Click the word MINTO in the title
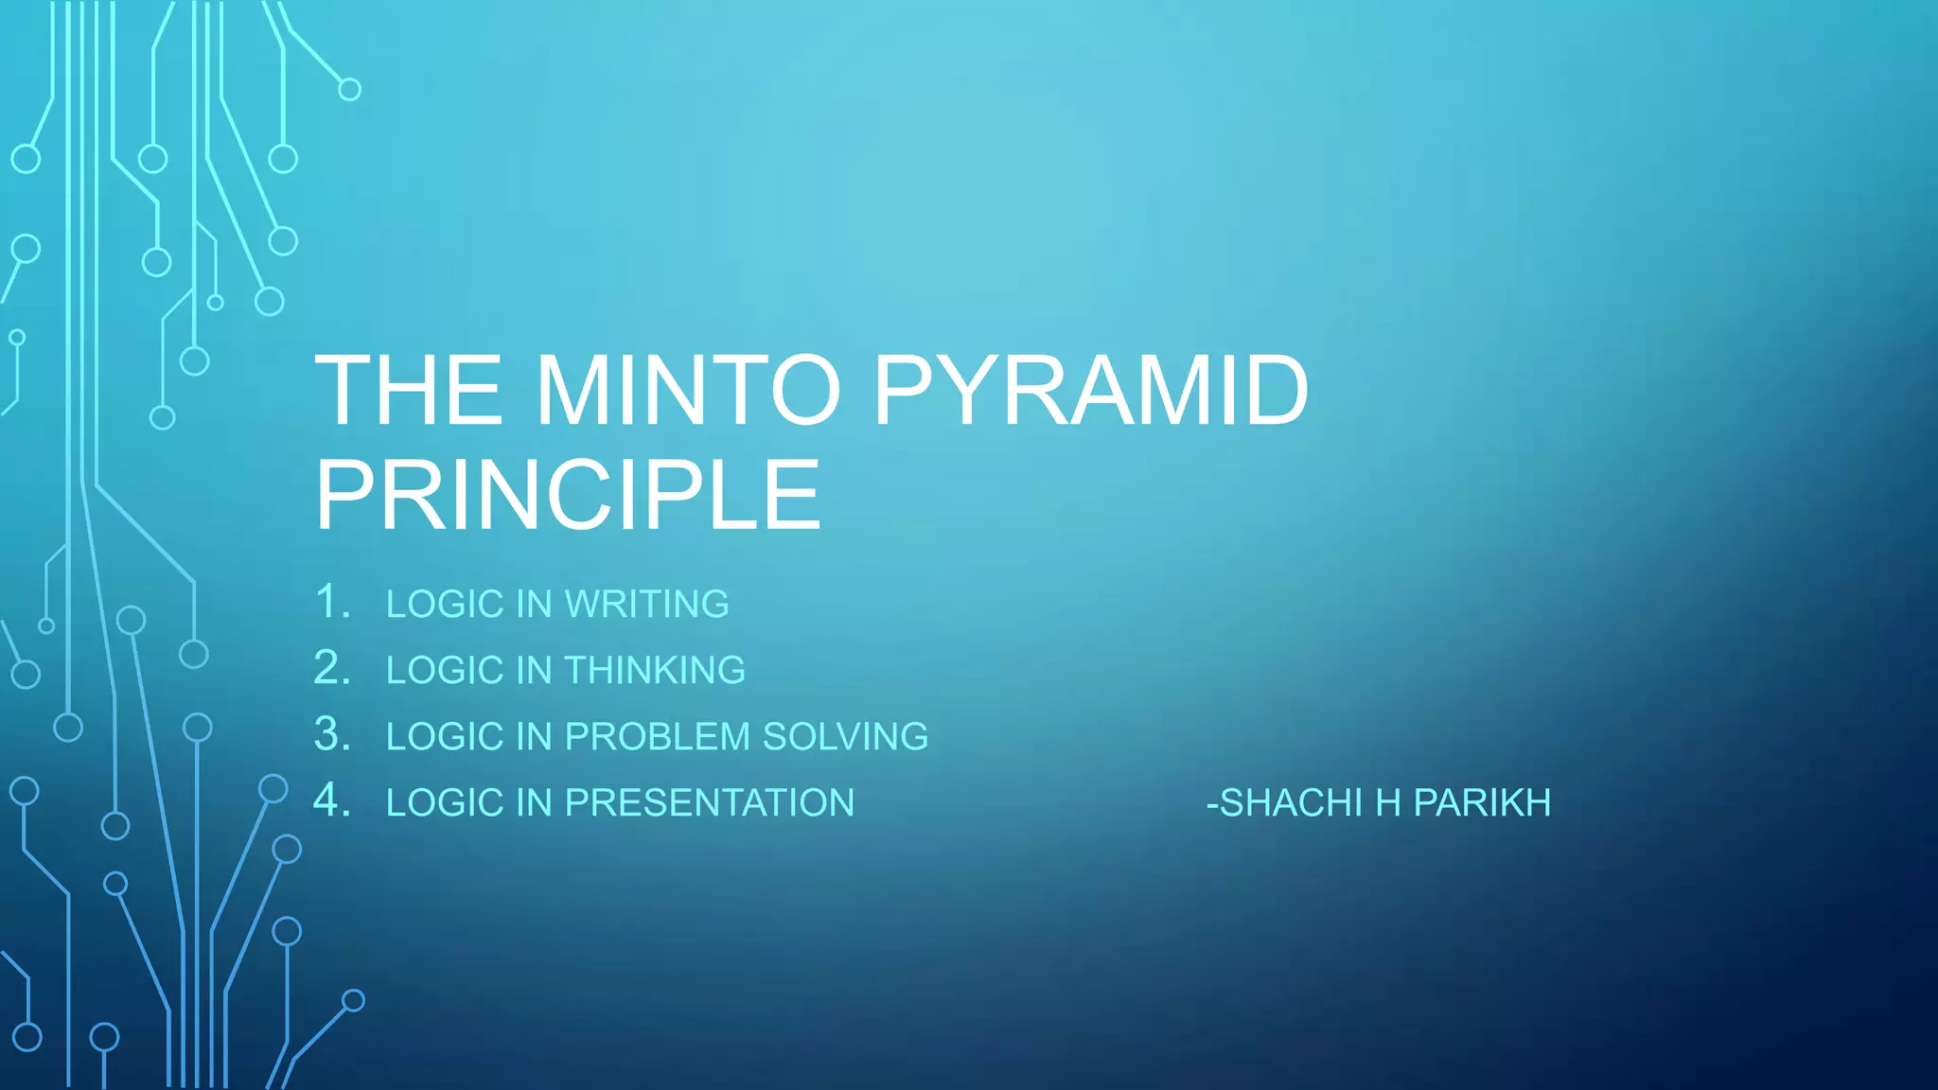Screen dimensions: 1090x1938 (x=688, y=391)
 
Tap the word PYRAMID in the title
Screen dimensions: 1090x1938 (x=1090, y=391)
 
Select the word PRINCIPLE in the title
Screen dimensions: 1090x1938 (x=568, y=495)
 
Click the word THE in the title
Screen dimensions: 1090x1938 (x=409, y=391)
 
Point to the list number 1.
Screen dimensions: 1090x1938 (x=330, y=603)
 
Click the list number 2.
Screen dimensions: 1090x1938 (x=332, y=669)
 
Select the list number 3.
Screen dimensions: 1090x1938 (x=332, y=735)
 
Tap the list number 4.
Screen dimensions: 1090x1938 (x=332, y=801)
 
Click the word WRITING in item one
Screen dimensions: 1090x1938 (x=647, y=605)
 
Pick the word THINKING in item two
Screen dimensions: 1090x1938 (x=655, y=671)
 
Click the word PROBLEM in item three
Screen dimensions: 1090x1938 (x=657, y=737)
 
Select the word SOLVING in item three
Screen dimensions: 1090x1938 (x=845, y=737)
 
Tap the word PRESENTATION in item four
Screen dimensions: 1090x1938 (x=710, y=803)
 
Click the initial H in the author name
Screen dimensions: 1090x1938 (x=1388, y=803)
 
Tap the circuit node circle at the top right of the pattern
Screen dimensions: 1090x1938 (x=349, y=90)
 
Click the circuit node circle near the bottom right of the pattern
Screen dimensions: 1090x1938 (x=353, y=1000)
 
